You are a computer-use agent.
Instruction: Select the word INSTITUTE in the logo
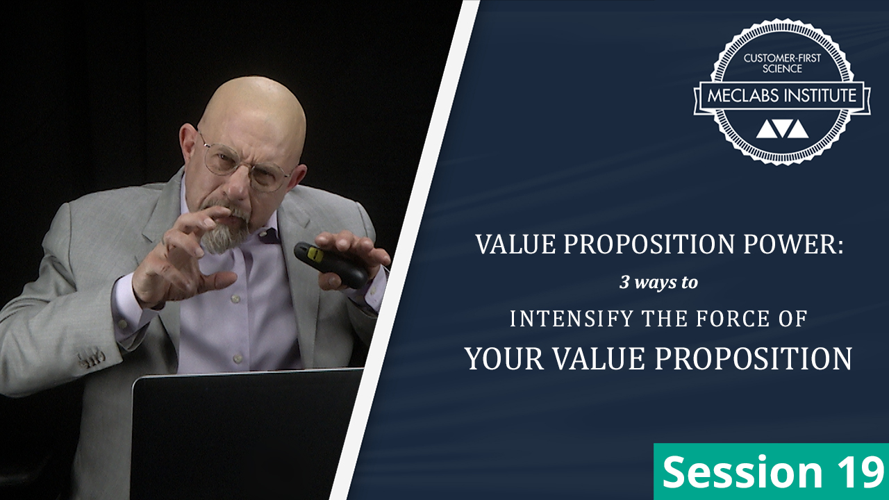821,95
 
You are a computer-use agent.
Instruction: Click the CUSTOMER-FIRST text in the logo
783,58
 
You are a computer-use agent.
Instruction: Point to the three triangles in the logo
782,129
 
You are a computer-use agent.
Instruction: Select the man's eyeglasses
247,163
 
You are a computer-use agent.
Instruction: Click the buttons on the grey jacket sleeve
92,359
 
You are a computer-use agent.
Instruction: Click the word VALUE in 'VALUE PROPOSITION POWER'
503,244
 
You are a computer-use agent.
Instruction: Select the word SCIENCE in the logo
783,69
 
